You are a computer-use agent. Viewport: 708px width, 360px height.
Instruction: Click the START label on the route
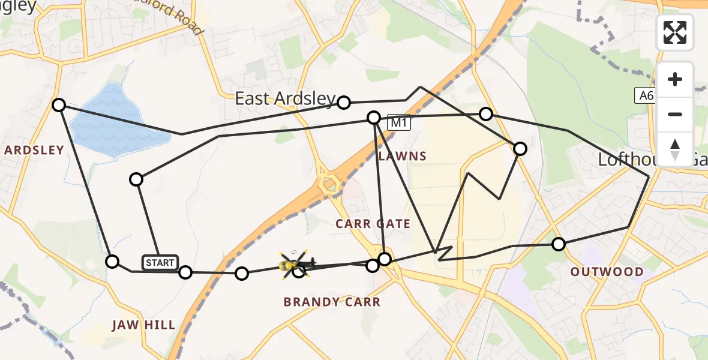[160, 262]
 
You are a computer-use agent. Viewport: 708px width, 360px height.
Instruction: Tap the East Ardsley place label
[285, 99]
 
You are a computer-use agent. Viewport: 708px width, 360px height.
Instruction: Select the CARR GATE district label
[373, 224]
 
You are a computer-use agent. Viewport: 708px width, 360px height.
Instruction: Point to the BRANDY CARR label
[332, 302]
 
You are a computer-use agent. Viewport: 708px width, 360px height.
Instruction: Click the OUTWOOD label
[607, 272]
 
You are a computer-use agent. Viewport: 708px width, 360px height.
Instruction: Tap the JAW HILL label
[143, 325]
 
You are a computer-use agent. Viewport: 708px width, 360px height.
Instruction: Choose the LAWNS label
[403, 157]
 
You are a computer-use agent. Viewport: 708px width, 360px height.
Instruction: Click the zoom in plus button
[675, 79]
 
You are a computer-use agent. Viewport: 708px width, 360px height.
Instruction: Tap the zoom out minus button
[675, 114]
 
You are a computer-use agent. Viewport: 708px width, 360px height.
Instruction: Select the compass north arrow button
[675, 149]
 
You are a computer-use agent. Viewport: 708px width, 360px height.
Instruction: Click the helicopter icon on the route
[294, 263]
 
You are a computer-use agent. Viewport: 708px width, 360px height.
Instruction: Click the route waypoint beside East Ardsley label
[344, 103]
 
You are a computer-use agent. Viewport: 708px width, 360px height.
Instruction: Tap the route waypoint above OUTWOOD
[559, 244]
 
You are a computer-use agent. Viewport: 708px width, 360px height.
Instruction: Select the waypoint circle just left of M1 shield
[374, 118]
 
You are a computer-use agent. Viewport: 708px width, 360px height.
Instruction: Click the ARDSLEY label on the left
[34, 150]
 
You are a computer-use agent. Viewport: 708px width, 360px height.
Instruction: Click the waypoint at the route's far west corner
[59, 105]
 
